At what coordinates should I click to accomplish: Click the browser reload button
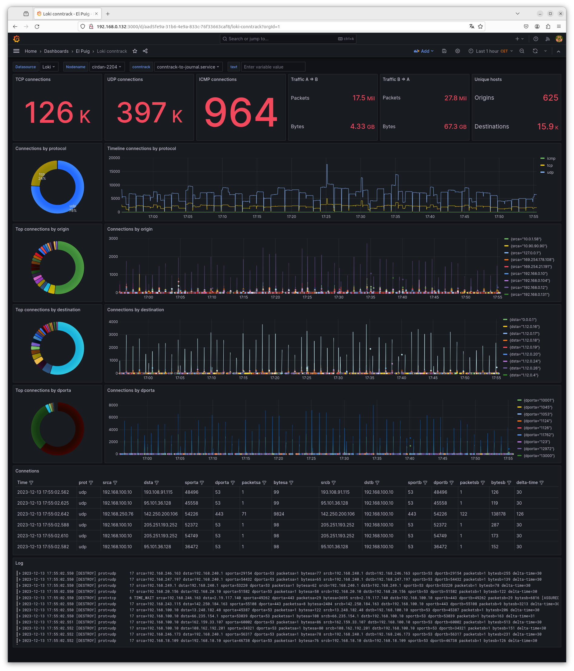(x=37, y=27)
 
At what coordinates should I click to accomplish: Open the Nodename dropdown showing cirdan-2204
(x=106, y=67)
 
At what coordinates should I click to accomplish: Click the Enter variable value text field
(x=273, y=67)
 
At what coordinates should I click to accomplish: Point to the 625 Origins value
(x=550, y=98)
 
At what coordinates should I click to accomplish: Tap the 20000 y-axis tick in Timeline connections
(x=114, y=158)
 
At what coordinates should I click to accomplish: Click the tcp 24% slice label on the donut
(x=42, y=176)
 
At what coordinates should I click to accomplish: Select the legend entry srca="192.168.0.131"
(x=530, y=294)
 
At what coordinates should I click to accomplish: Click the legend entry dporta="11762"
(x=538, y=435)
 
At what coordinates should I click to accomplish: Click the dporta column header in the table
(x=222, y=482)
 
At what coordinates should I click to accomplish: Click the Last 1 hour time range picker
(x=490, y=51)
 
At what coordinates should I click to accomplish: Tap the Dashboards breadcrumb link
(x=56, y=51)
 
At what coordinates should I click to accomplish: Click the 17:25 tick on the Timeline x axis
(x=326, y=217)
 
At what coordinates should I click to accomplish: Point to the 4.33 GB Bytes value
(x=362, y=126)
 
